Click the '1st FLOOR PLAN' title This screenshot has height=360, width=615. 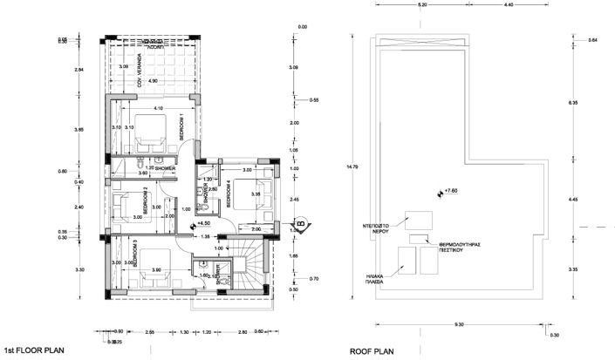click(34, 347)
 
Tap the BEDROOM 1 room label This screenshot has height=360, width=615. click(181, 127)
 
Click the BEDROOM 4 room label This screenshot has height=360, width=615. click(229, 192)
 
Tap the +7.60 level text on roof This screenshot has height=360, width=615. click(451, 190)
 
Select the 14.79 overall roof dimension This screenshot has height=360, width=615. click(349, 166)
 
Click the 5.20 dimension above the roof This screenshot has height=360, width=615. click(422, 5)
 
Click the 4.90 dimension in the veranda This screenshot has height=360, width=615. click(154, 81)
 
